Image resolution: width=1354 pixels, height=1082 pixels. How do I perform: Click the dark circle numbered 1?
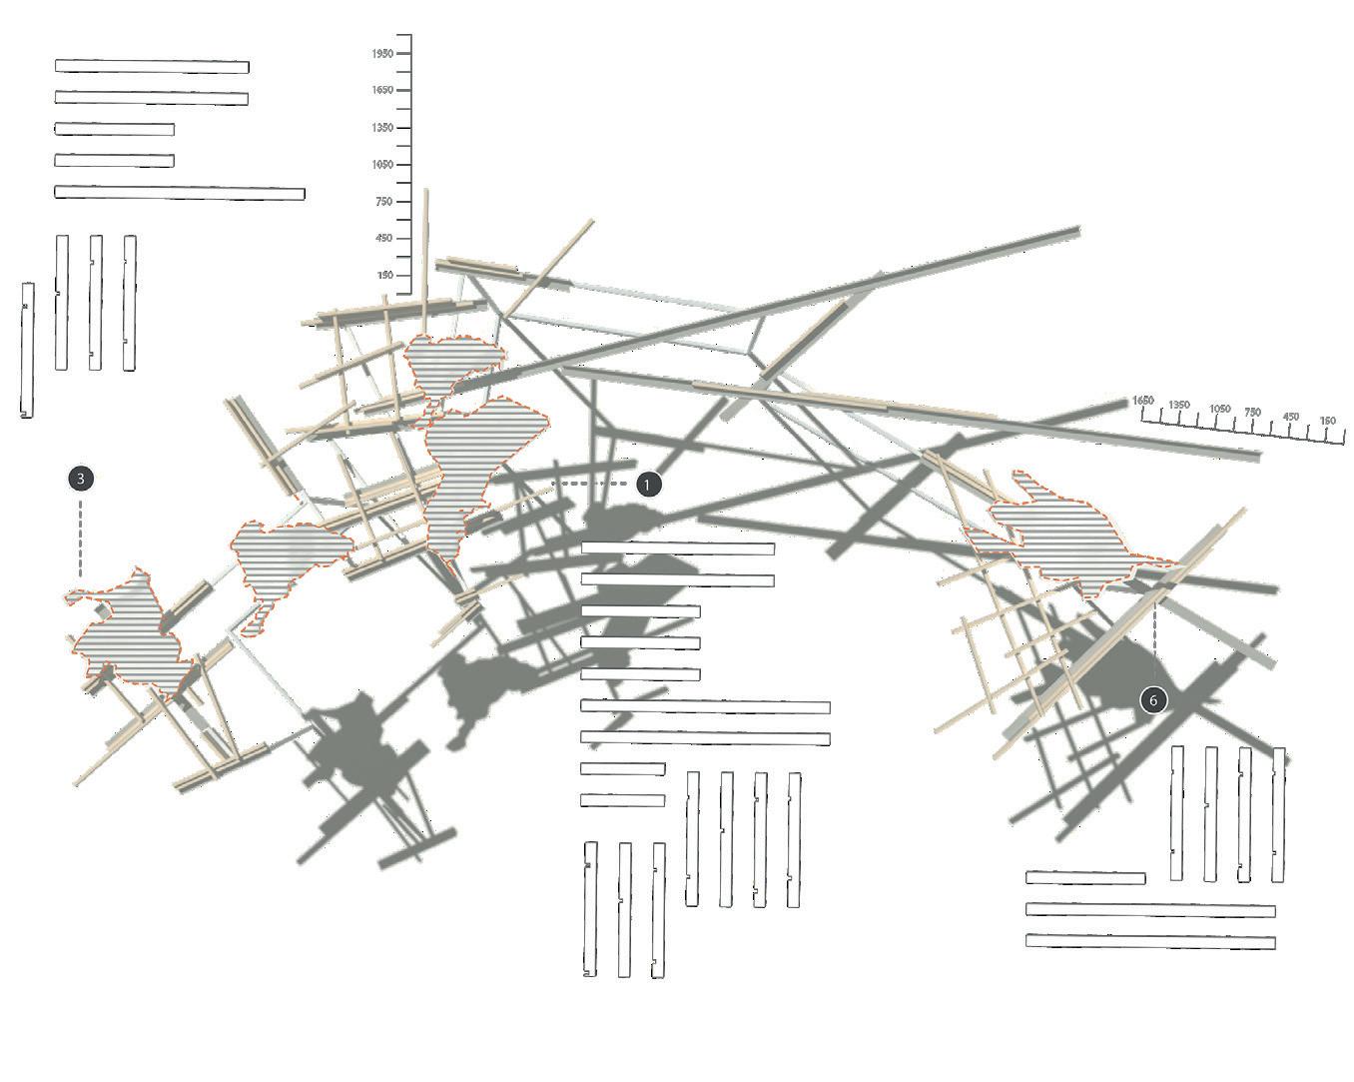pyautogui.click(x=648, y=485)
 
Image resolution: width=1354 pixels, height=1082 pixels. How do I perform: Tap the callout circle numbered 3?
pyautogui.click(x=81, y=479)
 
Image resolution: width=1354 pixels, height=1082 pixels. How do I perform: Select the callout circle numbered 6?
pyautogui.click(x=1153, y=699)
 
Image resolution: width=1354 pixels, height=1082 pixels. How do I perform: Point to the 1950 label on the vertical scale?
pyautogui.click(x=381, y=53)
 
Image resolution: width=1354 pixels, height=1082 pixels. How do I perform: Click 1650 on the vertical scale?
pyautogui.click(x=381, y=90)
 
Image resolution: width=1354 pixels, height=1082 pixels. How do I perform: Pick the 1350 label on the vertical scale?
pyautogui.click(x=381, y=128)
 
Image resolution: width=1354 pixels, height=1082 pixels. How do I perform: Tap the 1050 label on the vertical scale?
pyautogui.click(x=381, y=165)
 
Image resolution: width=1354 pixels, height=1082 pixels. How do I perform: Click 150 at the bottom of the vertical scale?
pyautogui.click(x=384, y=276)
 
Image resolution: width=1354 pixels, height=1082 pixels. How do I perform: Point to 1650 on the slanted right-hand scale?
pyautogui.click(x=1143, y=401)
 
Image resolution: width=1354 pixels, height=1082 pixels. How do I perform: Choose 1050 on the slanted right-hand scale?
pyautogui.click(x=1219, y=410)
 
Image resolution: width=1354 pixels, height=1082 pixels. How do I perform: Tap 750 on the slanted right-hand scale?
pyautogui.click(x=1253, y=413)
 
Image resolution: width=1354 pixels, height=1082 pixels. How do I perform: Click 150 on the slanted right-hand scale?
pyautogui.click(x=1327, y=422)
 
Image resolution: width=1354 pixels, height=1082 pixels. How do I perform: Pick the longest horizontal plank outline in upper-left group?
pyautogui.click(x=180, y=193)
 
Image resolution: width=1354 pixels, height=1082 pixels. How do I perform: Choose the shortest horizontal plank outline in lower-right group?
pyautogui.click(x=1085, y=878)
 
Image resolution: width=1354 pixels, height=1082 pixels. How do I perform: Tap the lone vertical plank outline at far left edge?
pyautogui.click(x=28, y=350)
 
